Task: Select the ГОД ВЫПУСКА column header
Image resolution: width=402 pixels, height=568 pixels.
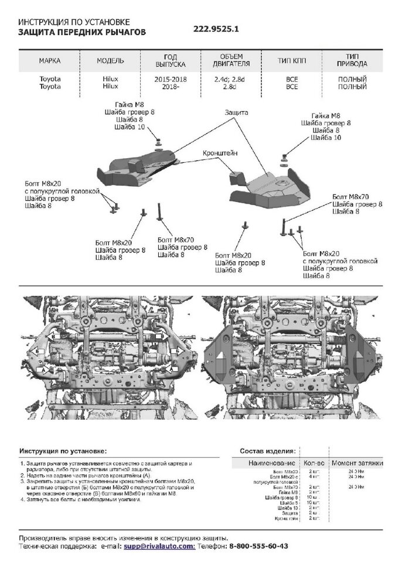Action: [x=171, y=60]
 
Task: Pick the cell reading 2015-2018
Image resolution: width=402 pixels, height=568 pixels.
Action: [x=171, y=78]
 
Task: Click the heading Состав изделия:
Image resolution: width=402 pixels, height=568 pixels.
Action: [x=268, y=451]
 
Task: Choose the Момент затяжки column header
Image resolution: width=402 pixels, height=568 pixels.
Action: [x=357, y=463]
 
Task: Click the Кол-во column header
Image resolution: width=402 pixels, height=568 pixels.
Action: [x=314, y=463]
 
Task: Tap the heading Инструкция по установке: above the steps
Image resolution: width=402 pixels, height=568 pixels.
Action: [x=63, y=451]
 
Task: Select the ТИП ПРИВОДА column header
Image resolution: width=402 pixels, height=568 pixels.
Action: [x=353, y=60]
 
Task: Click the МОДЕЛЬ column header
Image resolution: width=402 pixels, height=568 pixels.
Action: [x=110, y=60]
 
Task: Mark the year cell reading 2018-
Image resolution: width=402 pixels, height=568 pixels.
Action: [x=171, y=86]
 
